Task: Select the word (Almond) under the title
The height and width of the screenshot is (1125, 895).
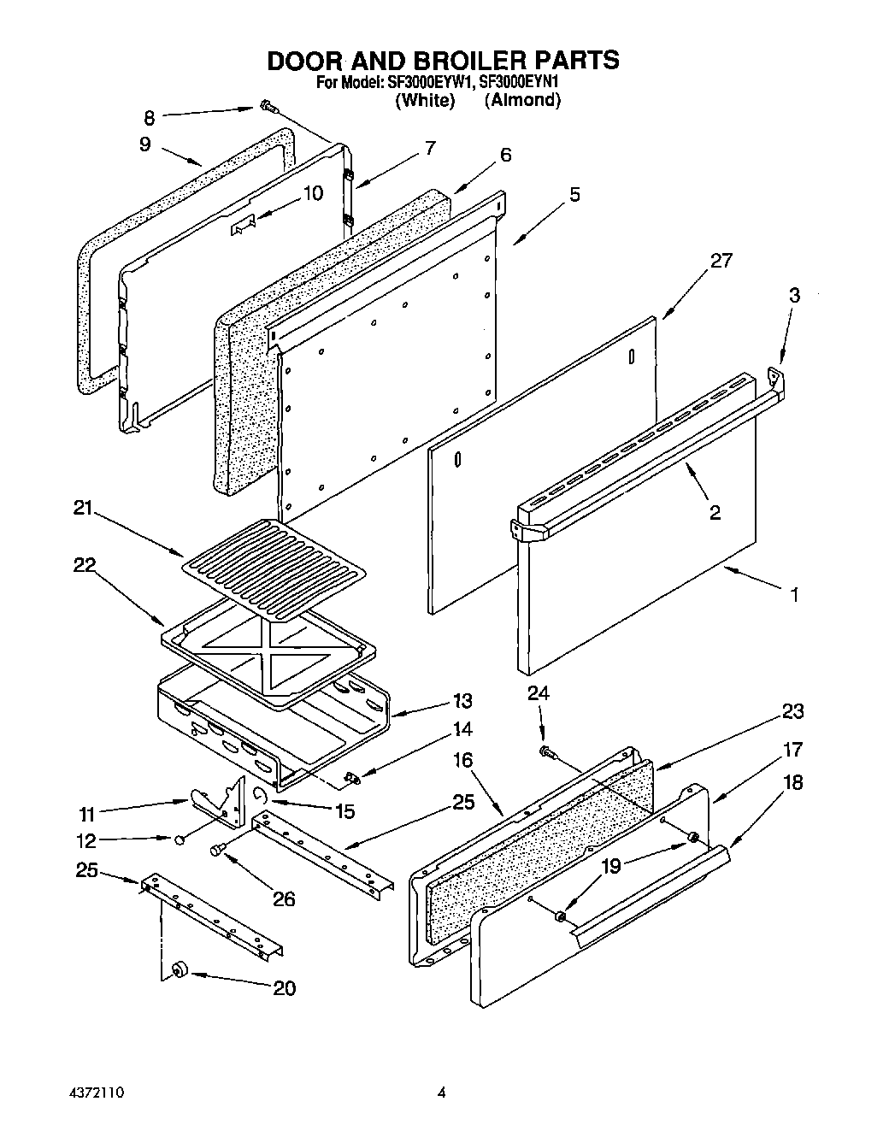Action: point(522,100)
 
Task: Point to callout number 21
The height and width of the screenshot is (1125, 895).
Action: point(82,509)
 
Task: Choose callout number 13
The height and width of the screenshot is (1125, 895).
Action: point(462,701)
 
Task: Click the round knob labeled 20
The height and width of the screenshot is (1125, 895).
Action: point(179,969)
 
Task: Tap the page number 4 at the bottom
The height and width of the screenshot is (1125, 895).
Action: point(442,1092)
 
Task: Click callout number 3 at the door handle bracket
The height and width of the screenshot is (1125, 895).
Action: point(794,296)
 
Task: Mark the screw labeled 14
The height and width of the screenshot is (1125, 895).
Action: point(350,777)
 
